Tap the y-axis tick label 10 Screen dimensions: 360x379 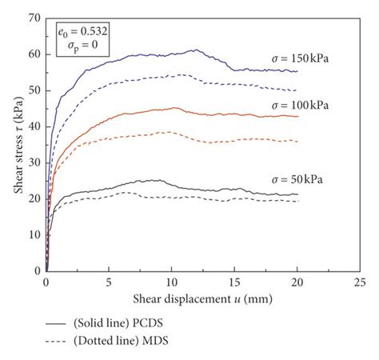[x=35, y=234]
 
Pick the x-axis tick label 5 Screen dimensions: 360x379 [x=109, y=282]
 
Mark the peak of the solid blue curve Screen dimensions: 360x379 [x=195, y=50]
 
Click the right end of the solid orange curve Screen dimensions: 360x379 [x=297, y=117]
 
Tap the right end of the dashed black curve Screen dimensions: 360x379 [x=297, y=201]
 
